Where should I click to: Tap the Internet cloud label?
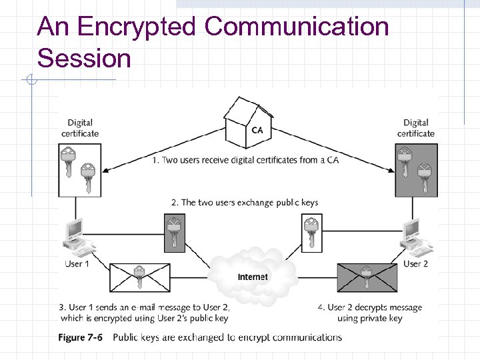253,277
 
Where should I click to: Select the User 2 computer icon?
416,238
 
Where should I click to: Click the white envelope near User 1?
140,277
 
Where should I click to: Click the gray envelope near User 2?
367,277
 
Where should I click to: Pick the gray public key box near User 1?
175,233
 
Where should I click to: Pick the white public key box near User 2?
312,233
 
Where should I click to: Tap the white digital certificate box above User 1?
80,170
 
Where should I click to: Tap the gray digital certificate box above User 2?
416,170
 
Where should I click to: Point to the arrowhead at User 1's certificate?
105,171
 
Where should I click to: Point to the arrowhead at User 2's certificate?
391,171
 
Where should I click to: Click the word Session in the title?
84,58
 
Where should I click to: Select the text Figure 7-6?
80,337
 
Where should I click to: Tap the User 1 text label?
77,263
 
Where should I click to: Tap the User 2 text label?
415,263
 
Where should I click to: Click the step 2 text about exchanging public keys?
245,203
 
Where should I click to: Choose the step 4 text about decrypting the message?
370,313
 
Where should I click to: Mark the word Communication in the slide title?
296,26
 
